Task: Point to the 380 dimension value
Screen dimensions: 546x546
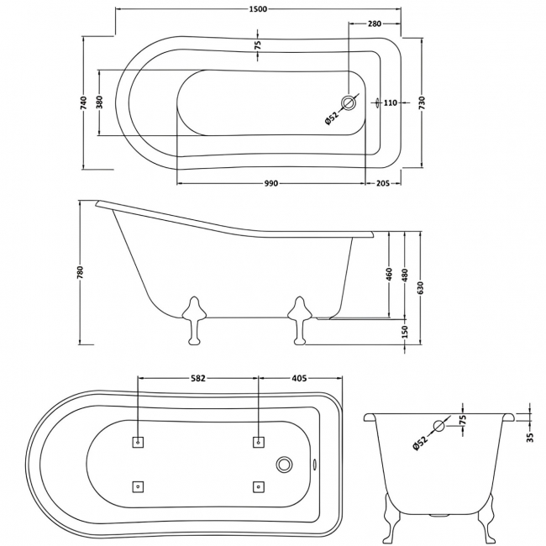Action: point(100,102)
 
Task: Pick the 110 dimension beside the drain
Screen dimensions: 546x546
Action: point(390,103)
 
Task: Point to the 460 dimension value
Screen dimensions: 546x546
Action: point(390,276)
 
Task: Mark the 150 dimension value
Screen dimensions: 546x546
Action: point(405,333)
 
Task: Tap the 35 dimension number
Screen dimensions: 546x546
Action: point(530,436)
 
